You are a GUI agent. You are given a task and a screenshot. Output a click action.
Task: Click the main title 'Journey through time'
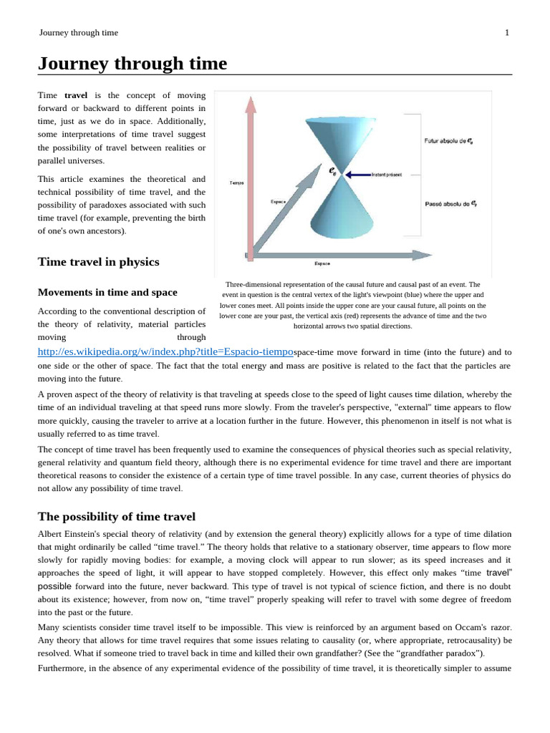pos(132,64)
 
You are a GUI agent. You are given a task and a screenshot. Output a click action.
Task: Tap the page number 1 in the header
pos(507,32)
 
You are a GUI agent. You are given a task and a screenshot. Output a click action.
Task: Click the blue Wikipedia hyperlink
pos(165,352)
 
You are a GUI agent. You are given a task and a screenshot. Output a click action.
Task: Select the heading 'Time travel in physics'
pos(98,262)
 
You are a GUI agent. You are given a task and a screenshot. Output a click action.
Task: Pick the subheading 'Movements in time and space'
pos(107,292)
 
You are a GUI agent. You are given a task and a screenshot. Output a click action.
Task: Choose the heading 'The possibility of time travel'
pos(116,517)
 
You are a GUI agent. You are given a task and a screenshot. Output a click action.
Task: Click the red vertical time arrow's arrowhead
pos(250,105)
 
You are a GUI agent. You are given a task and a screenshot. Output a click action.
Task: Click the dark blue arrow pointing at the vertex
pos(357,175)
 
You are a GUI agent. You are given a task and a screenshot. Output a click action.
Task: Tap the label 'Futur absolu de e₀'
pos(448,142)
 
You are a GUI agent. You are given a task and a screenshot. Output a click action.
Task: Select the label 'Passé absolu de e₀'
pos(450,204)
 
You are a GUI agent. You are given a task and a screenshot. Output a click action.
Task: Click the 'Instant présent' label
pos(387,175)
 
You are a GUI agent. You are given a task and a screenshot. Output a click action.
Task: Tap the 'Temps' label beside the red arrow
pos(236,183)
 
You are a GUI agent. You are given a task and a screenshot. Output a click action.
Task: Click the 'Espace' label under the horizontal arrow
pos(322,264)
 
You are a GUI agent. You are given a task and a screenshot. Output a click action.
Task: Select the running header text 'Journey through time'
pos(79,32)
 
